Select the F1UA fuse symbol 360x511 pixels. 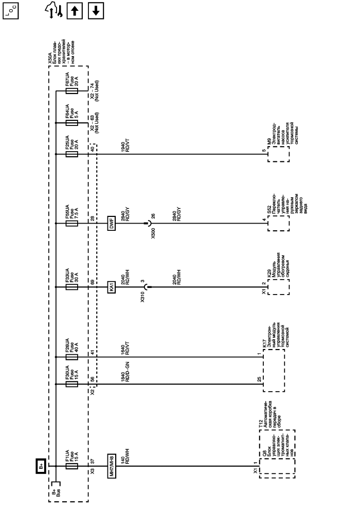click(x=71, y=466)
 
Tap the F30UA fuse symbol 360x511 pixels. click(x=71, y=384)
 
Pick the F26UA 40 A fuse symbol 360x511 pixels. click(x=71, y=356)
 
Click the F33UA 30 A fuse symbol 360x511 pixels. click(x=71, y=287)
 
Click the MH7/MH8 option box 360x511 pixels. click(x=111, y=466)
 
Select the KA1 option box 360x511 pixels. click(x=111, y=287)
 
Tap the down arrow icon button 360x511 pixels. click(x=95, y=10)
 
